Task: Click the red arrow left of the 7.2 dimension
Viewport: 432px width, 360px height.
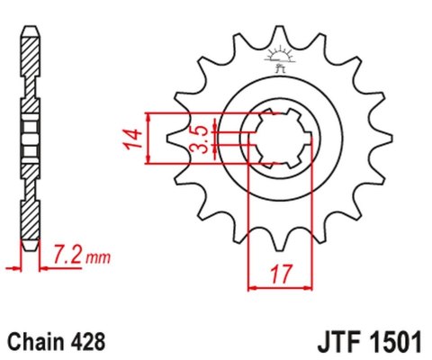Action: click(x=12, y=267)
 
